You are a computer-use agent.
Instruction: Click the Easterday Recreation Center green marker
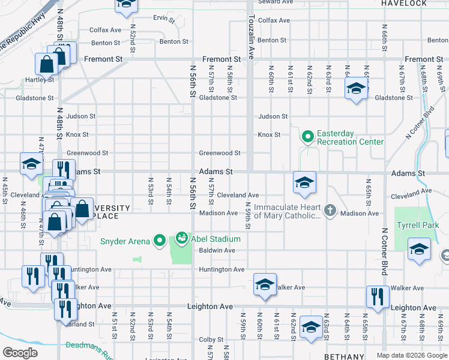(x=308, y=137)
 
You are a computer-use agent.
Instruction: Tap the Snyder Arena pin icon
(x=159, y=241)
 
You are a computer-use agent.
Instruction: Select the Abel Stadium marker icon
(x=181, y=238)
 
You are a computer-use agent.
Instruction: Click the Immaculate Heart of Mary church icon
(x=329, y=210)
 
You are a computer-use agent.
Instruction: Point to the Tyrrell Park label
(x=417, y=225)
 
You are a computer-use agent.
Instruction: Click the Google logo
(x=20, y=352)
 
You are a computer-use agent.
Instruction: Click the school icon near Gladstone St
(x=356, y=89)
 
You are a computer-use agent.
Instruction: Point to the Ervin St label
(x=164, y=19)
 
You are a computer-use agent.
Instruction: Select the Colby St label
(x=211, y=340)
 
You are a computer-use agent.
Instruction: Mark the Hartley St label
(x=40, y=79)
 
